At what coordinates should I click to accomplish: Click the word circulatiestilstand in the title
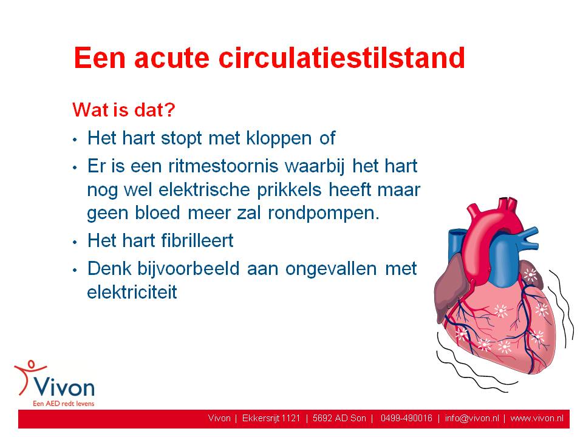(x=342, y=58)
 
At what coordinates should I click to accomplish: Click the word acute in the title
(x=172, y=59)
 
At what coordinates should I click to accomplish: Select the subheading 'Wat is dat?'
(x=124, y=110)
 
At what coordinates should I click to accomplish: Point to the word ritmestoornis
(x=223, y=166)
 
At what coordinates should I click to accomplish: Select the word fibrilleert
(x=197, y=240)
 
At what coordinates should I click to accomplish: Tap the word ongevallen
(x=331, y=269)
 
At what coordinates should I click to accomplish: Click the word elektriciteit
(x=132, y=292)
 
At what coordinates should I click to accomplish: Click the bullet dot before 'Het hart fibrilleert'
(x=75, y=242)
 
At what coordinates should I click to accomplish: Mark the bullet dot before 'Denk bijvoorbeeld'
(x=75, y=270)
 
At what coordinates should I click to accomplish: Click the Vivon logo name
(x=64, y=388)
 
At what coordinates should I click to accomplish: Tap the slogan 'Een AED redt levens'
(x=64, y=404)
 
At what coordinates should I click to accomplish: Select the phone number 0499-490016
(x=406, y=418)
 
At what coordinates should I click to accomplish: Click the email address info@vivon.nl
(x=472, y=418)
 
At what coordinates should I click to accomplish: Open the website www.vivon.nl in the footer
(x=537, y=418)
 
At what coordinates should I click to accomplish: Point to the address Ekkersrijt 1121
(x=271, y=418)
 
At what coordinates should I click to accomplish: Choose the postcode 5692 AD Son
(x=339, y=418)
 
